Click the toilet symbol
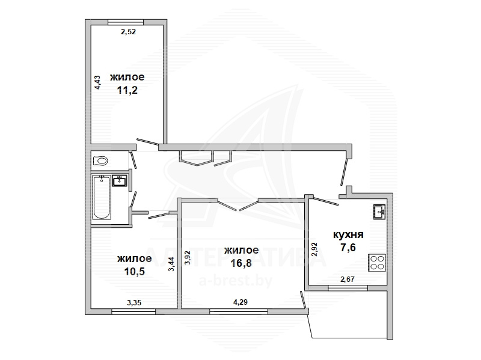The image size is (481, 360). tap(100, 161)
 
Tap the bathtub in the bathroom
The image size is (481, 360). tap(102, 197)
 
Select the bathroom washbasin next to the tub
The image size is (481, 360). tap(119, 181)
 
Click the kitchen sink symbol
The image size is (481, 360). tap(380, 212)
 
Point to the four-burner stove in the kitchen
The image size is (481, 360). tap(377, 263)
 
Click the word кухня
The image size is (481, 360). tap(348, 234)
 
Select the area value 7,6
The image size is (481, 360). tap(348, 247)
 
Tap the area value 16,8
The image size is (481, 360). tap(241, 263)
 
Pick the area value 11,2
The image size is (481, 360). tap(127, 91)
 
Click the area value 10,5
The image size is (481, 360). tap(134, 272)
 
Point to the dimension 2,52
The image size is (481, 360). tap(128, 32)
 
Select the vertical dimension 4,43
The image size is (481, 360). tap(97, 82)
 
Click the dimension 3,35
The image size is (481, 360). tap(134, 303)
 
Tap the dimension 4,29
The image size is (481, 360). tap(240, 302)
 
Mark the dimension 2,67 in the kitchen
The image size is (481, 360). tap(348, 279)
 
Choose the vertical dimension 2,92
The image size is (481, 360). tap(314, 249)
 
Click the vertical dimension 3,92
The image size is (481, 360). tap(188, 258)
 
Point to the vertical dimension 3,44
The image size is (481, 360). tap(171, 264)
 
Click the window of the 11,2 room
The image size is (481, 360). tap(126, 22)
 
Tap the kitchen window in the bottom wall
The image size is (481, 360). tap(348, 288)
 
